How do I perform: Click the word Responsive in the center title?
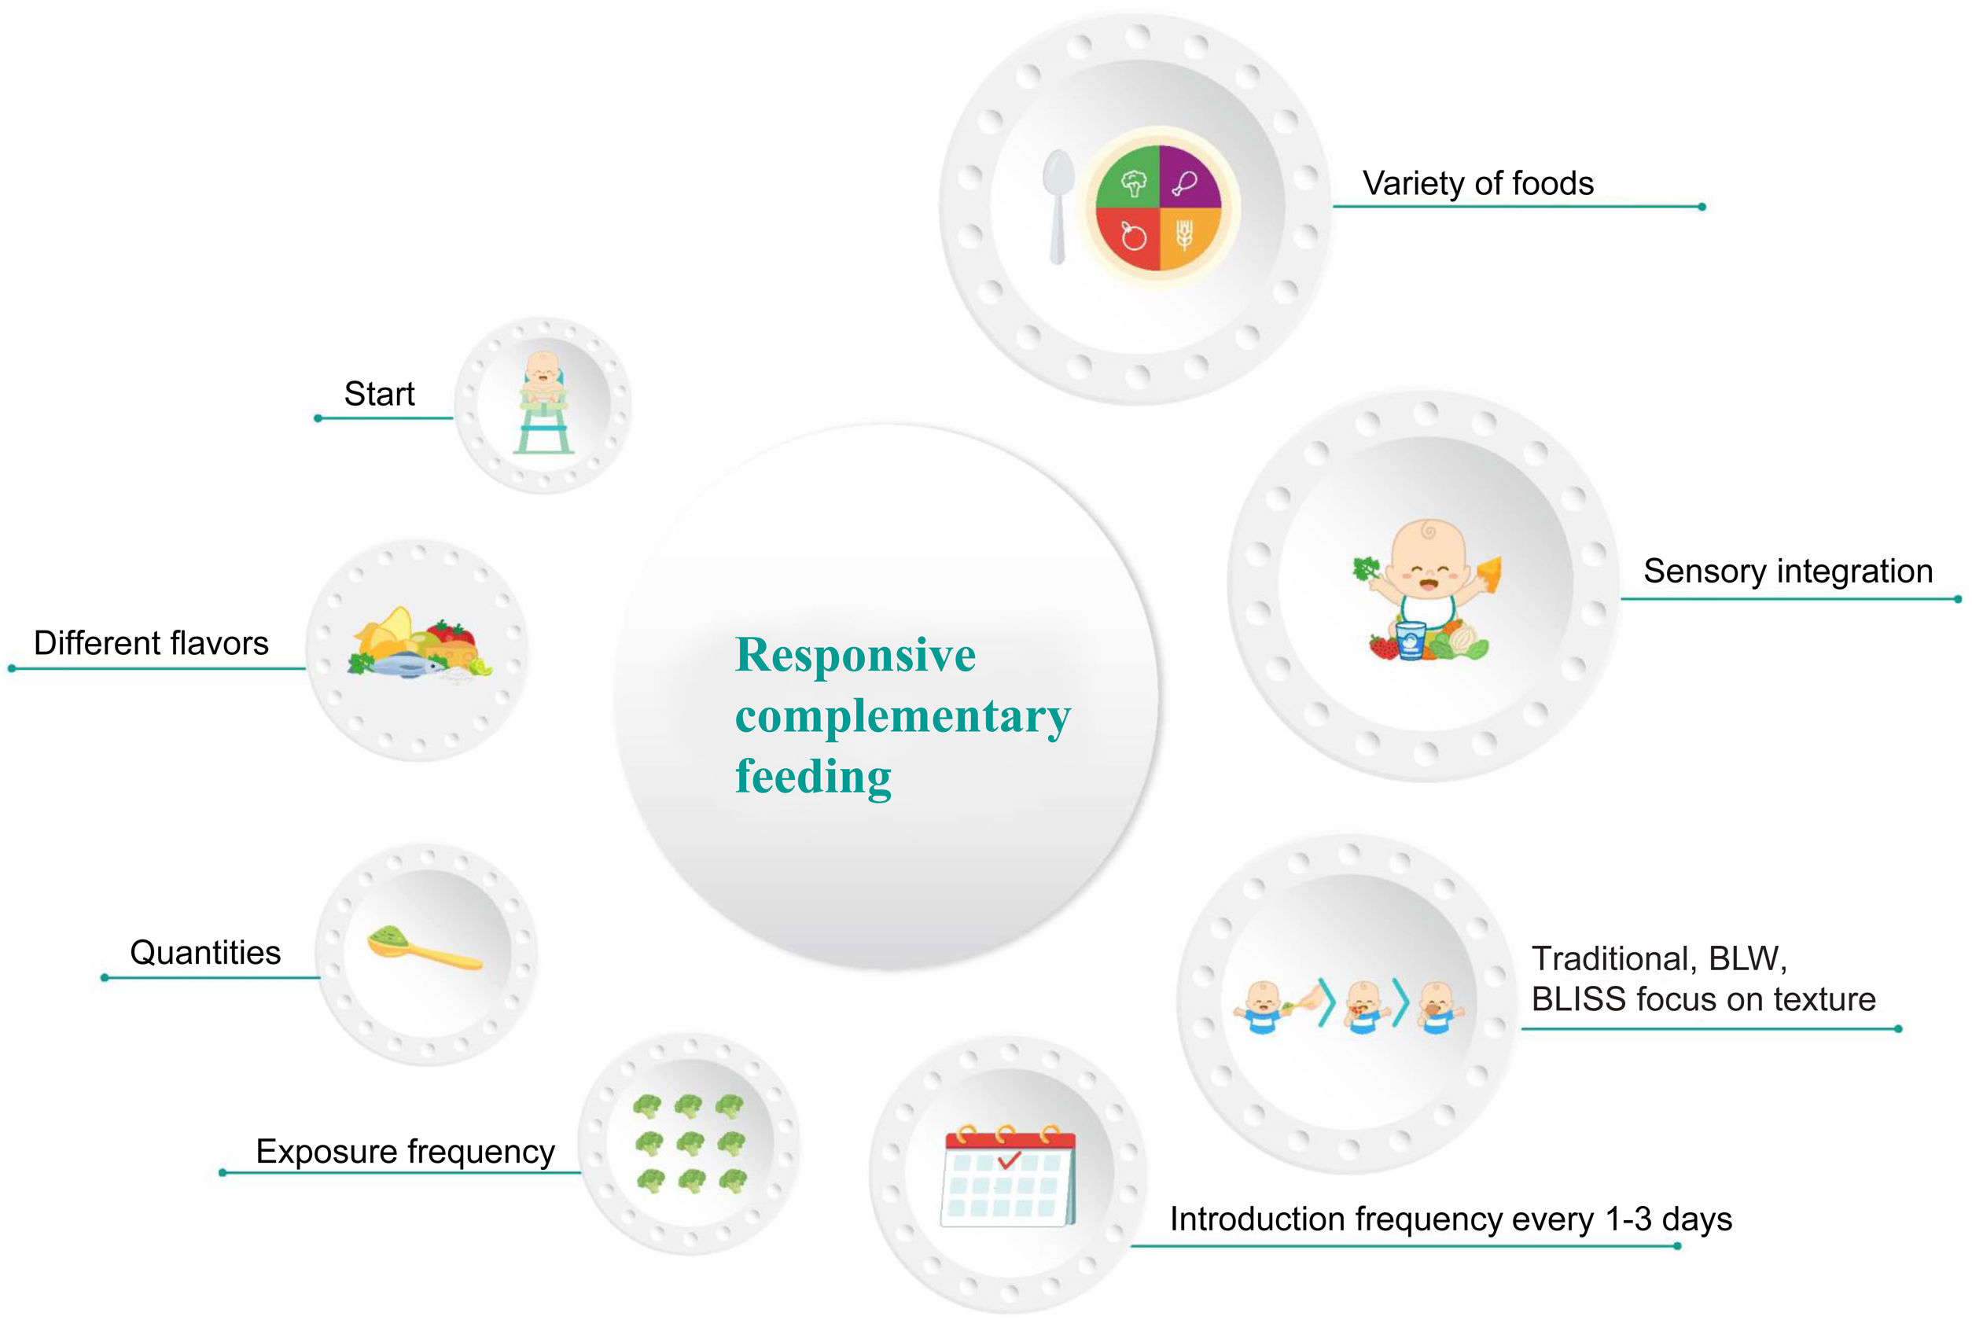point(855,655)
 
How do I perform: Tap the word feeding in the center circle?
point(813,775)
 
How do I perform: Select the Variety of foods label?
point(1477,183)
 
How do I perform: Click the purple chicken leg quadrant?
point(1188,177)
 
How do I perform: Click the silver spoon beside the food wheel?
point(1058,206)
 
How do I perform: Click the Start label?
point(379,394)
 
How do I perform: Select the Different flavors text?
point(151,643)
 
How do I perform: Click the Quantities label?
point(204,953)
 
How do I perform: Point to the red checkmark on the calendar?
point(1008,1160)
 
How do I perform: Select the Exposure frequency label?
point(405,1152)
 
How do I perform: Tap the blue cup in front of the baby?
point(1411,641)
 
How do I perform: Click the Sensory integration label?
point(1787,572)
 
